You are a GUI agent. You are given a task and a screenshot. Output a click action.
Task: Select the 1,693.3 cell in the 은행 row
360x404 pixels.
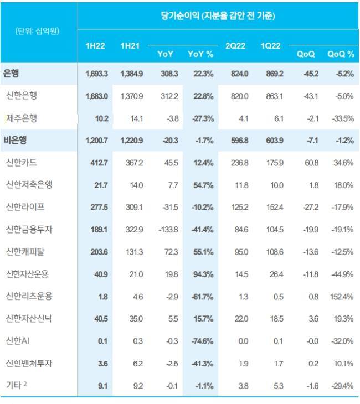click(x=96, y=74)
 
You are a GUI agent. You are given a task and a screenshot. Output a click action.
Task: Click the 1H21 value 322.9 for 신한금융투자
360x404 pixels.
click(x=132, y=230)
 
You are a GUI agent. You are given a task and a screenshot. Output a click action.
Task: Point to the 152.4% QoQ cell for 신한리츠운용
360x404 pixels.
click(x=341, y=297)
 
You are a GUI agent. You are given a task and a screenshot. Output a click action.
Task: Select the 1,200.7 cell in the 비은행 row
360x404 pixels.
click(x=96, y=141)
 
